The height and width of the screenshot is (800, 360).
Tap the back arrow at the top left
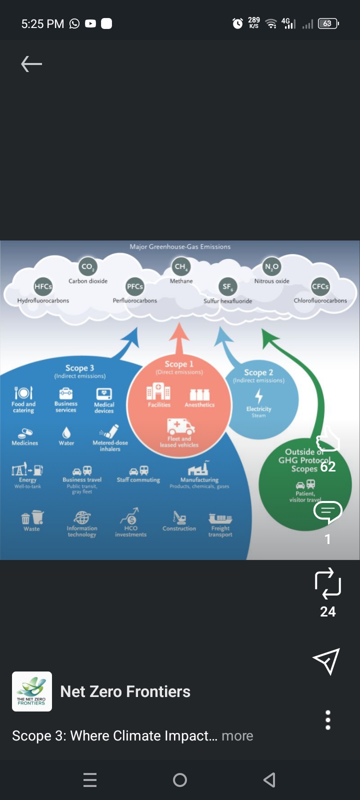[31, 64]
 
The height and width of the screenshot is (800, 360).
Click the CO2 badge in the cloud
[87, 266]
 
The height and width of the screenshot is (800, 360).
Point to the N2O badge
[271, 266]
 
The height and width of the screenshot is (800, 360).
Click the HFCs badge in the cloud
[43, 286]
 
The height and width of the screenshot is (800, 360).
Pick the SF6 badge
[227, 286]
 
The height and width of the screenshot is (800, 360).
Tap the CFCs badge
[320, 286]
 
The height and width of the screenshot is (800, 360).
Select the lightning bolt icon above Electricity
[258, 396]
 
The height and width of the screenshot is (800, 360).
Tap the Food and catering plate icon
[23, 392]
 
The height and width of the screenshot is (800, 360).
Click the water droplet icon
[66, 432]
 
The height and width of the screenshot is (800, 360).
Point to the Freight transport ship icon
[220, 518]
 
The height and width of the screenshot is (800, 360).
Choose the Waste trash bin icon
[32, 517]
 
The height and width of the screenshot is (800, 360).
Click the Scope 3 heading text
[79, 368]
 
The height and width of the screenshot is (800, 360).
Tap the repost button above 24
[327, 583]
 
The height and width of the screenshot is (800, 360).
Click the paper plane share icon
[326, 661]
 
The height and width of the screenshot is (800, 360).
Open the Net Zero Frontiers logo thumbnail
[31, 691]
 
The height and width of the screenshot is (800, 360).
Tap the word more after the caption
[237, 736]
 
